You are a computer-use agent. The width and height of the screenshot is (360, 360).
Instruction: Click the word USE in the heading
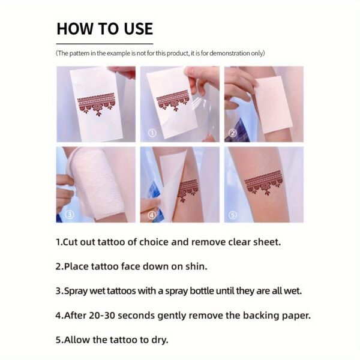(139, 29)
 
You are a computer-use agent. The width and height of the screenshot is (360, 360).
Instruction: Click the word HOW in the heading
(75, 29)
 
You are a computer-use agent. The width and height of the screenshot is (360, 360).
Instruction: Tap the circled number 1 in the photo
(152, 133)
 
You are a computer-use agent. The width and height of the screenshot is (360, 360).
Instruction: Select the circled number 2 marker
(233, 133)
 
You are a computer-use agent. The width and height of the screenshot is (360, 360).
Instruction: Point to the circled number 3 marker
(70, 214)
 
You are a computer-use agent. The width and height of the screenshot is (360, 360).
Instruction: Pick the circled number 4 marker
(152, 215)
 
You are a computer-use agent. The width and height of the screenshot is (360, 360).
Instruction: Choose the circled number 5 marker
(233, 215)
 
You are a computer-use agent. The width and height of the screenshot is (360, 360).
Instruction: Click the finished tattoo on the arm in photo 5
(263, 182)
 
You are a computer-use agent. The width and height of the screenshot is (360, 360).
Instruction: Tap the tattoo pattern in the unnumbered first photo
(96, 104)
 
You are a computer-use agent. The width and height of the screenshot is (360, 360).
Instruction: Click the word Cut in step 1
(70, 242)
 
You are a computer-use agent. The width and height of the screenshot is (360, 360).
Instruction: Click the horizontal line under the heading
(104, 43)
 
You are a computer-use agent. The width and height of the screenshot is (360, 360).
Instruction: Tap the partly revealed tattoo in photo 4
(188, 190)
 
